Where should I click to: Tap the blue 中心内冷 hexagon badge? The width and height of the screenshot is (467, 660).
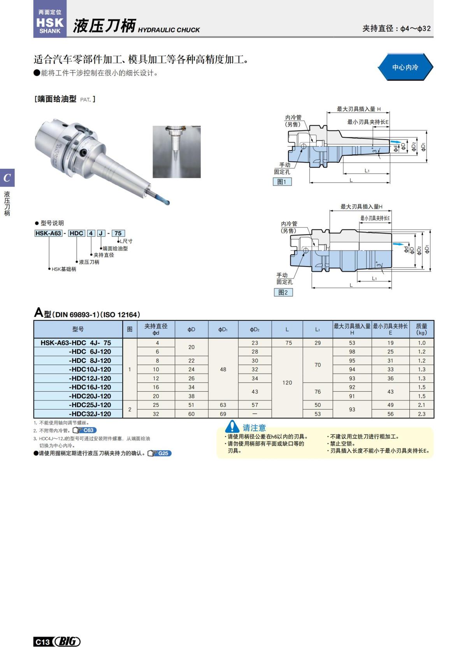[x=405, y=67]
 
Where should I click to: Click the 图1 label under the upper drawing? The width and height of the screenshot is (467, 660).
[x=282, y=182]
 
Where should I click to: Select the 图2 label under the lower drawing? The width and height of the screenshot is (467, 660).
[x=283, y=292]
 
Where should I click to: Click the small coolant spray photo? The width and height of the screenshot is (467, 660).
[x=177, y=152]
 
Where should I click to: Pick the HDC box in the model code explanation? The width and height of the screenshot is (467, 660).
[x=76, y=233]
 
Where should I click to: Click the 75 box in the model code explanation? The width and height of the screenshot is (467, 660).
[x=118, y=233]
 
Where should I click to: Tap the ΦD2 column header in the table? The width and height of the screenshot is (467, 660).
[x=255, y=329]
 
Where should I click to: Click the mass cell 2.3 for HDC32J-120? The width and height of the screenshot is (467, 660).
[x=421, y=414]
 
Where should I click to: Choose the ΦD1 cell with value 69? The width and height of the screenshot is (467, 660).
[x=223, y=414]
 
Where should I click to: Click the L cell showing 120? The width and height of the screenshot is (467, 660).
[x=287, y=383]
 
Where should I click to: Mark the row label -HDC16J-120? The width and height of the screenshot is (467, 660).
[x=90, y=387]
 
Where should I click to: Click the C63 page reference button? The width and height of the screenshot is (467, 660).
[x=85, y=430]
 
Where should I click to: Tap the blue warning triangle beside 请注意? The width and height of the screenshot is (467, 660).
[x=232, y=427]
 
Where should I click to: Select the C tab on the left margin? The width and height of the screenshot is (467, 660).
[x=7, y=178]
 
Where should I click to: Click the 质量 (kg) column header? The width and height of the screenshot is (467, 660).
[x=421, y=329]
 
